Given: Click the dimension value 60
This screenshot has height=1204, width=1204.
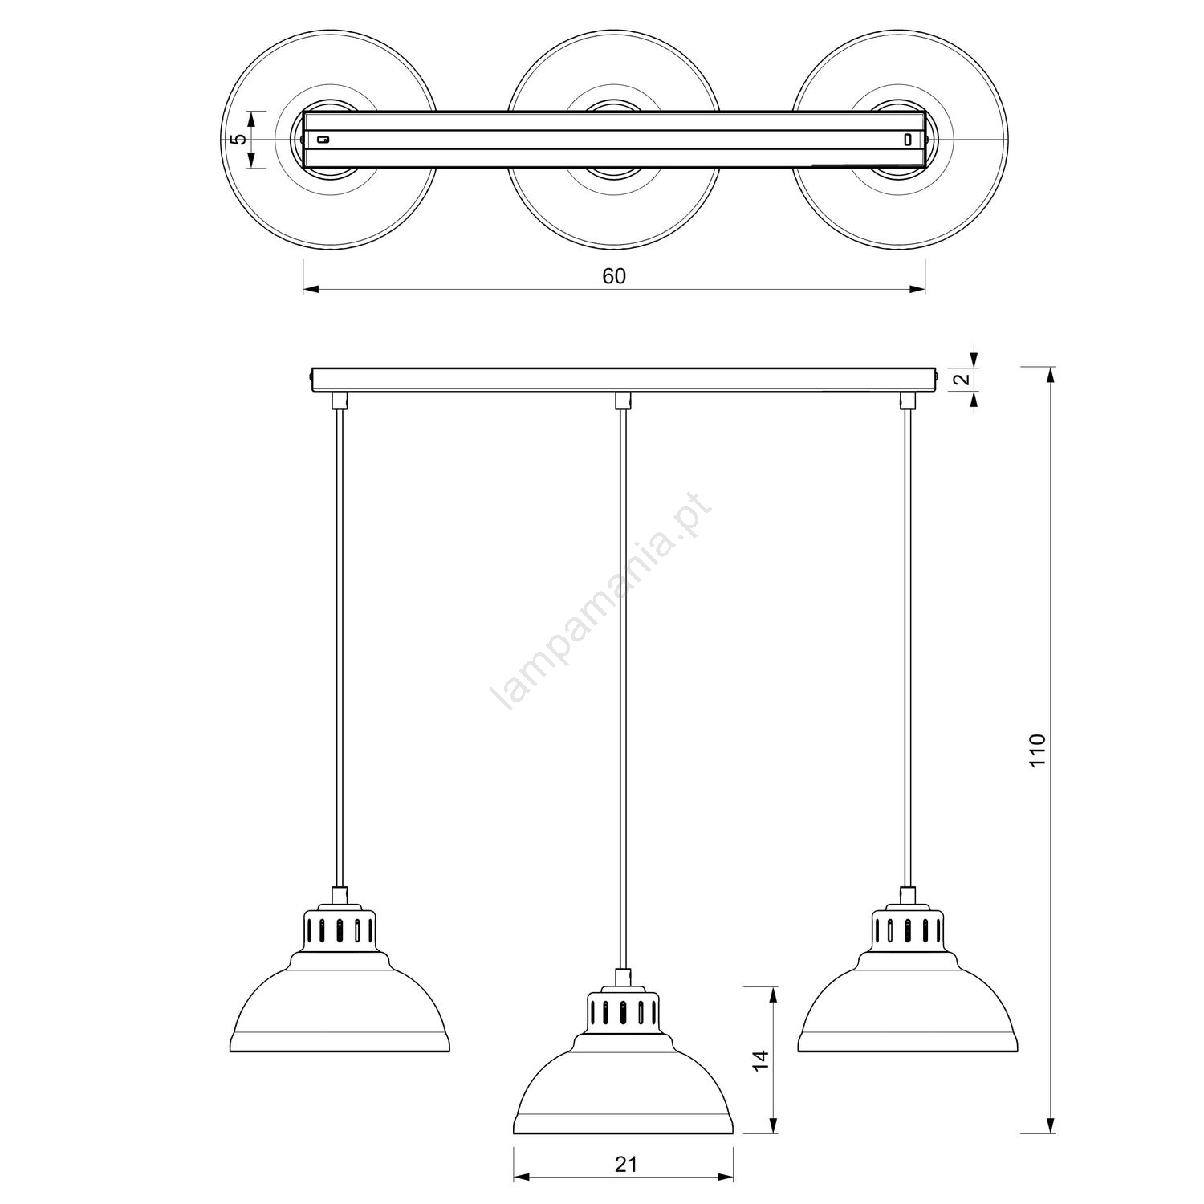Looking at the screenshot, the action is point(613,276).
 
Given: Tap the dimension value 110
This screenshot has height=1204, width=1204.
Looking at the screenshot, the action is point(1038,750).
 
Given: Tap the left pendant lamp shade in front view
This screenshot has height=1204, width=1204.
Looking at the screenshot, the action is point(340,1003).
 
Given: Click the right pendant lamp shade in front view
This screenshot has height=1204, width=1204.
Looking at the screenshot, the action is point(909,1003).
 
